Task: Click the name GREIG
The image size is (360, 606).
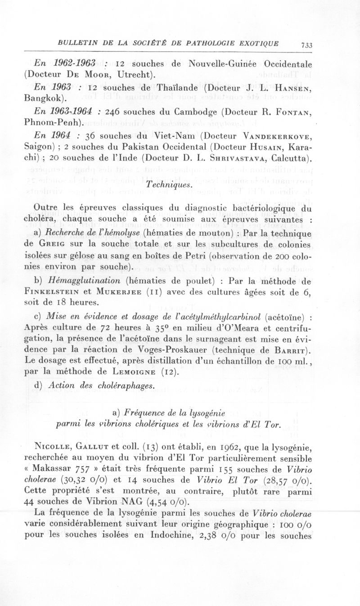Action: pyautogui.click(x=52, y=244)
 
